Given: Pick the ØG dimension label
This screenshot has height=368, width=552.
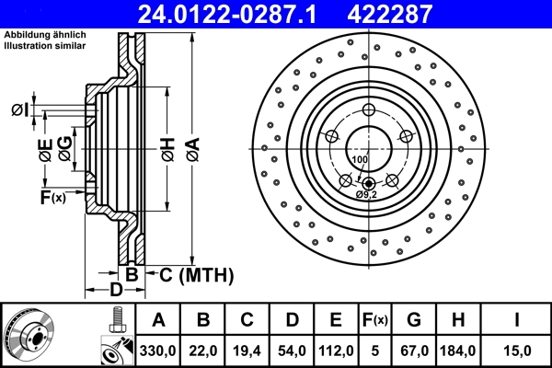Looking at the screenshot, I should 63,147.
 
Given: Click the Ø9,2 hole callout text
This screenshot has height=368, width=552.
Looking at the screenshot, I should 368,194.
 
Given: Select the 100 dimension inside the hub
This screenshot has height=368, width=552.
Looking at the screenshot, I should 359,160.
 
